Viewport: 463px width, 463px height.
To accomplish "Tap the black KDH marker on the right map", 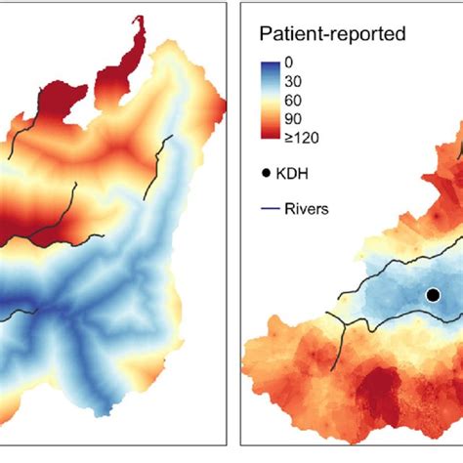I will pos(433,294).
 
